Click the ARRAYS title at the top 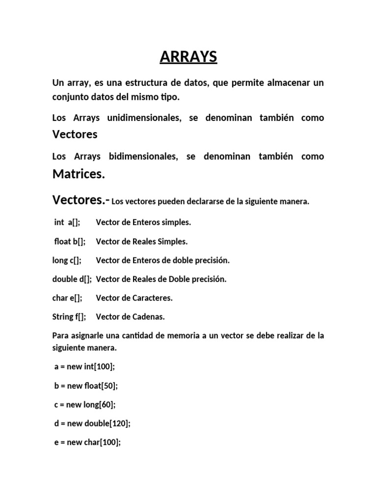click(x=188, y=57)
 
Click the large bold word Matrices click(x=79, y=174)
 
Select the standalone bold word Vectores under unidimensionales click(x=75, y=134)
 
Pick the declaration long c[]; click(x=67, y=260)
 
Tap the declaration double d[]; click(x=72, y=279)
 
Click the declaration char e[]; click(x=67, y=298)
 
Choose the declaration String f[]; click(x=69, y=317)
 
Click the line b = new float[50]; click(x=86, y=386)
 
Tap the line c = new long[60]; click(x=85, y=404)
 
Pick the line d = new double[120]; click(x=92, y=423)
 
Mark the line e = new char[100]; click(x=87, y=442)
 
